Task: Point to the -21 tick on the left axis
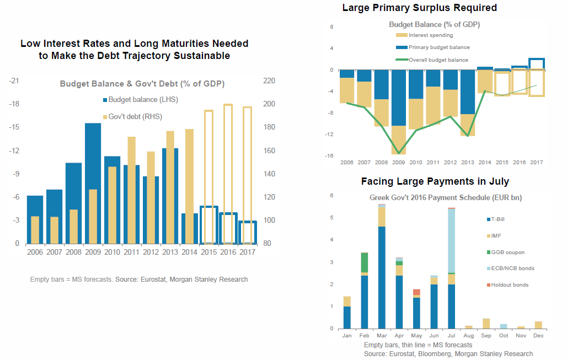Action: coord(15,81)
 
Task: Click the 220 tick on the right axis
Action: coord(269,81)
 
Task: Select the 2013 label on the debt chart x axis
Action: coord(171,252)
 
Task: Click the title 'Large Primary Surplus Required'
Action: coord(419,8)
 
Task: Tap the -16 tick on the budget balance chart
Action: coord(331,156)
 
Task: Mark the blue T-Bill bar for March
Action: coord(382,277)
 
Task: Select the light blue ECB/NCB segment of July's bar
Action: coord(451,241)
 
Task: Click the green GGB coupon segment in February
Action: coord(364,264)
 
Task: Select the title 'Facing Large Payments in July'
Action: coord(435,181)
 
